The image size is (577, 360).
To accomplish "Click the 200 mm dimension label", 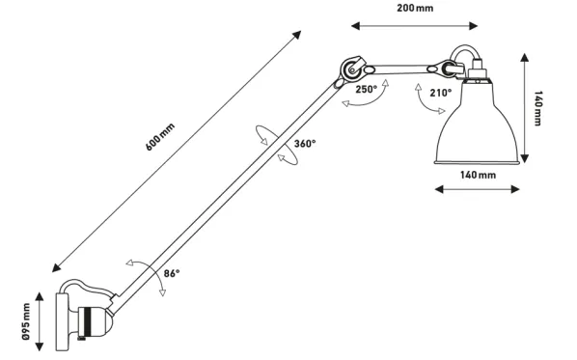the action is point(415,8).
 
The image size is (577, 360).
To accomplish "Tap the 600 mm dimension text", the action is point(160,137).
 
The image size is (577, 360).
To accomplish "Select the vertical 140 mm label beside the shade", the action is point(537,108).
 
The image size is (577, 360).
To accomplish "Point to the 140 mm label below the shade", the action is point(478,175).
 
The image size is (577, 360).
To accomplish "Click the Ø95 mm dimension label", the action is point(26,321).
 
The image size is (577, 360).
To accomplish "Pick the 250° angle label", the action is point(366,90).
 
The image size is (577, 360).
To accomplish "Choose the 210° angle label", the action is point(441,93).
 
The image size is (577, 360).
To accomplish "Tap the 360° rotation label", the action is point(305,144).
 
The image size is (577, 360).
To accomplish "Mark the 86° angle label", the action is point(172,273).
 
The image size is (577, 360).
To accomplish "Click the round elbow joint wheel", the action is point(351,69).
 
